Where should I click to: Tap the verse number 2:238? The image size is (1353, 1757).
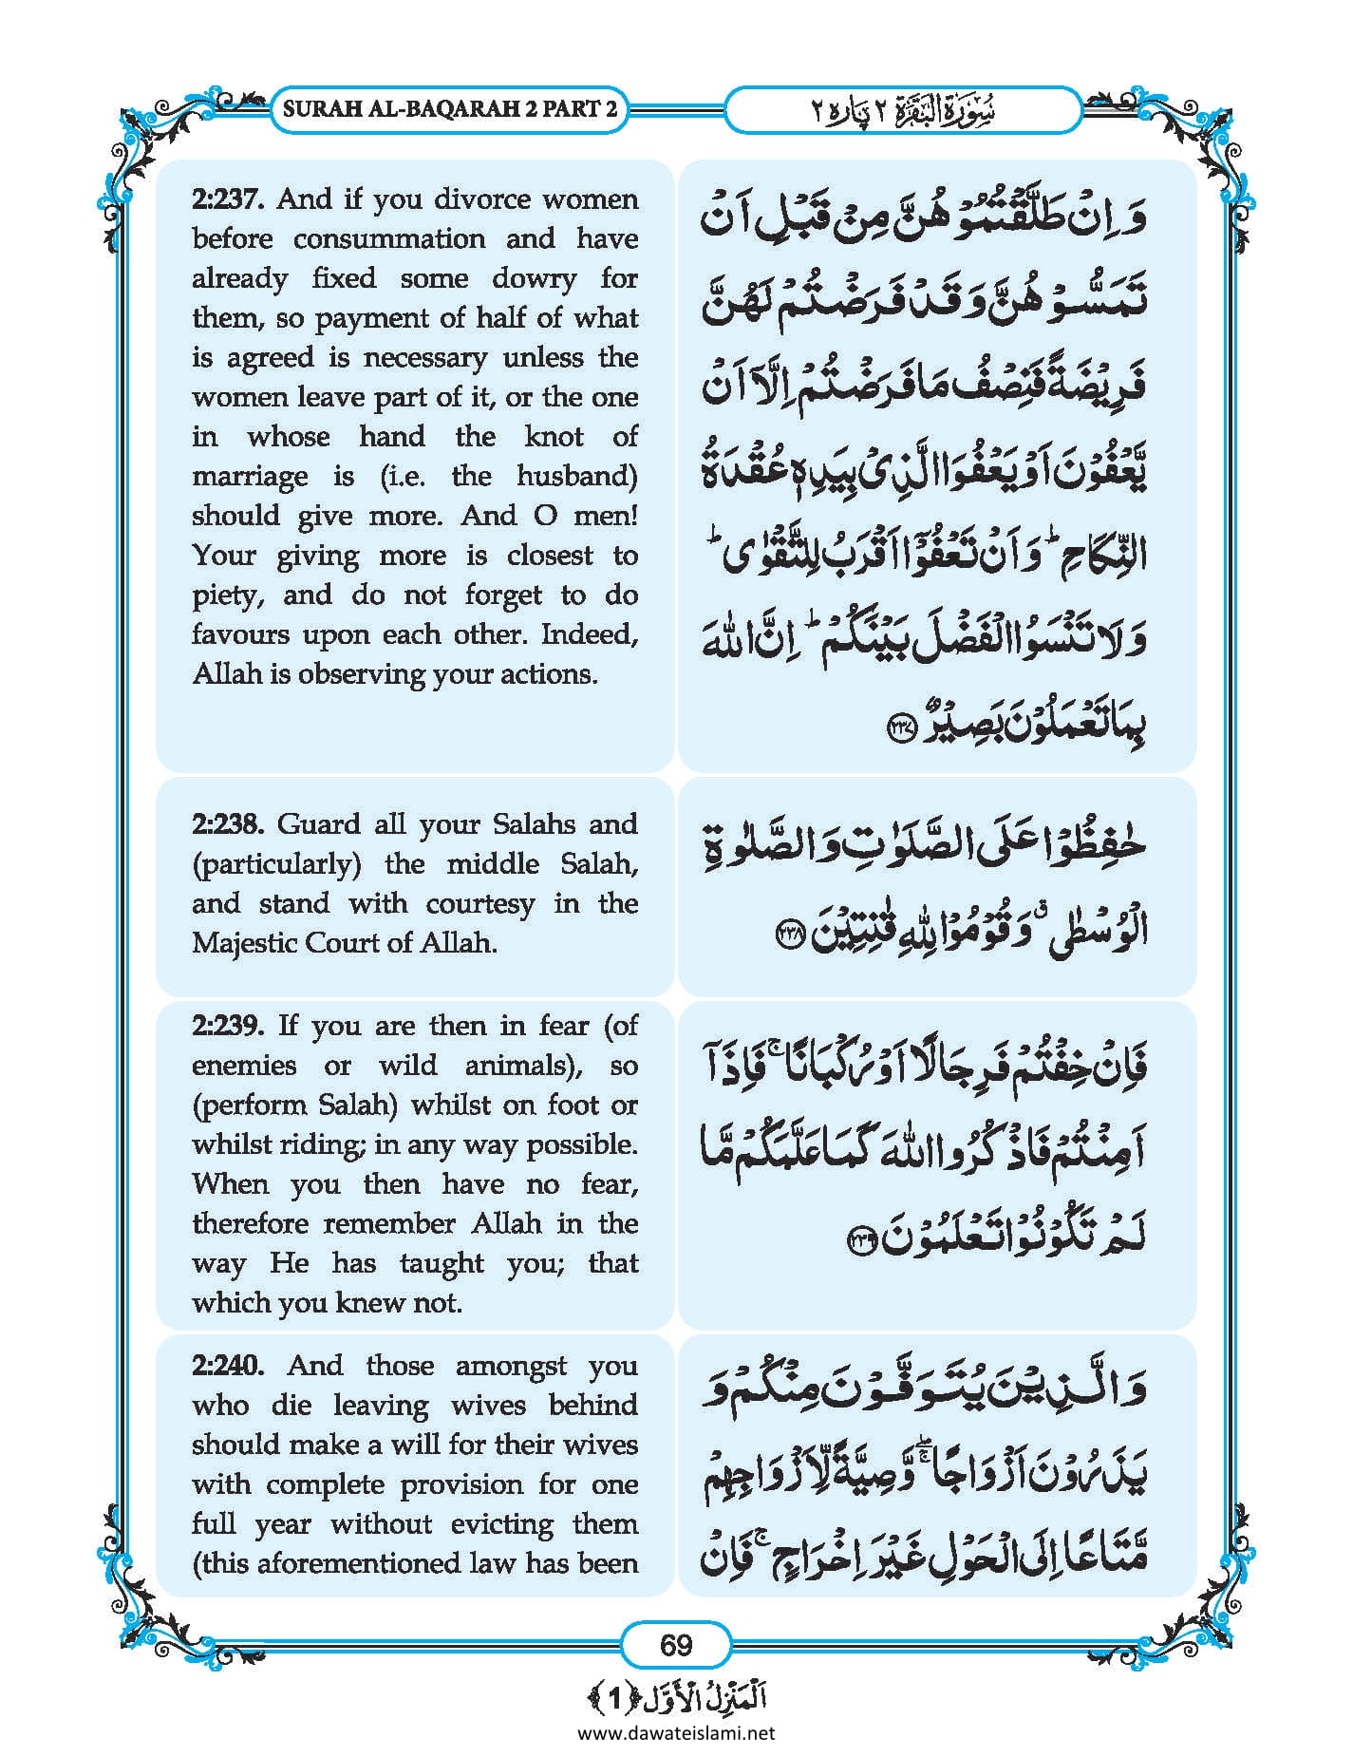[227, 824]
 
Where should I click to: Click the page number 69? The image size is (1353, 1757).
[676, 1644]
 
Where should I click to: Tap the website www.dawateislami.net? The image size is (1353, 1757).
[676, 1733]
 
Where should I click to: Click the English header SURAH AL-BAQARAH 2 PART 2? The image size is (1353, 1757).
[449, 108]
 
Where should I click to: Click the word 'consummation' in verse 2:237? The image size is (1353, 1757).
[388, 239]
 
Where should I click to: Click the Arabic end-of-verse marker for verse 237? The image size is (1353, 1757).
[897, 730]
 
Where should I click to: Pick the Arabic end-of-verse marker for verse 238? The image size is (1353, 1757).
[790, 932]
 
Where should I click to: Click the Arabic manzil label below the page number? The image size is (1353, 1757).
[676, 1697]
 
